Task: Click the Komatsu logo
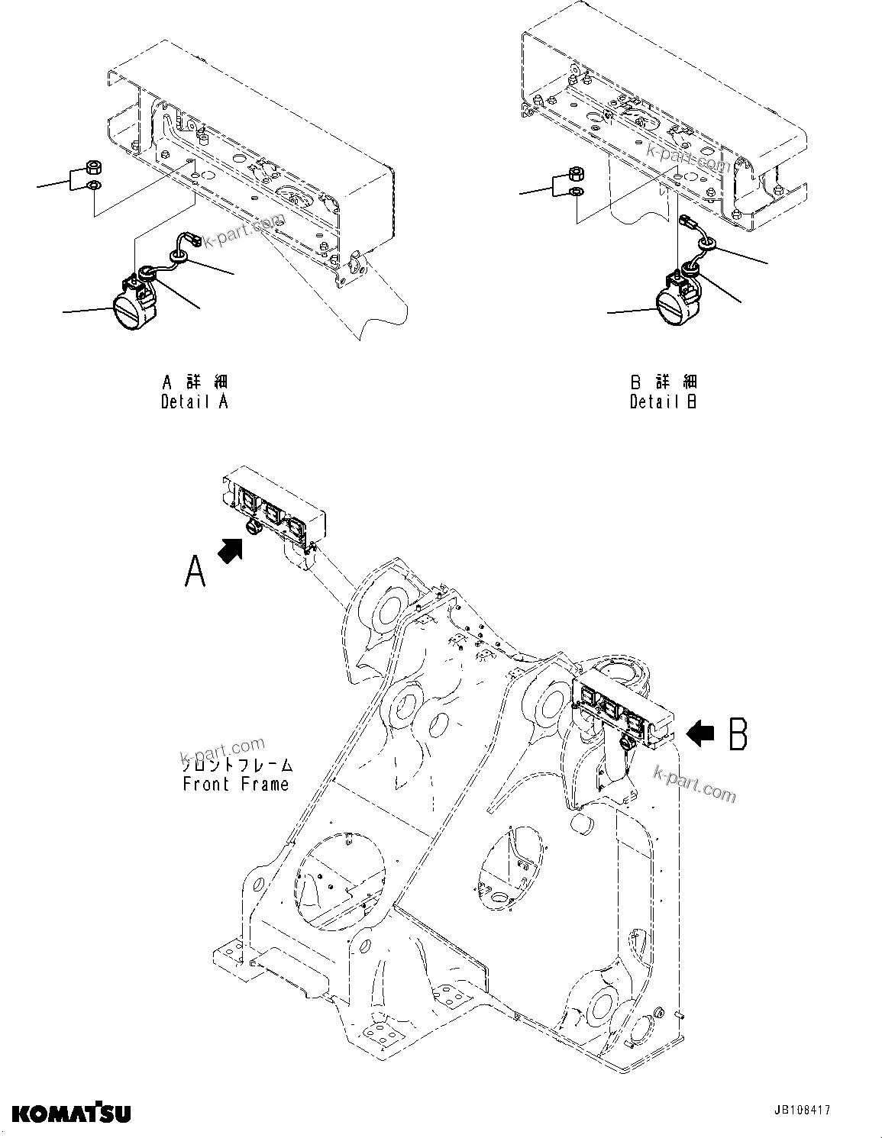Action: pos(70,1113)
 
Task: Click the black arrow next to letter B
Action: pos(700,733)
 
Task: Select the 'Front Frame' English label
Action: pos(236,784)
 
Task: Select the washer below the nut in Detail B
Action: pos(577,191)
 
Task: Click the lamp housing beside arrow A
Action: pos(273,505)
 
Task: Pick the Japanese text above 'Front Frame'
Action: pos(236,764)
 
